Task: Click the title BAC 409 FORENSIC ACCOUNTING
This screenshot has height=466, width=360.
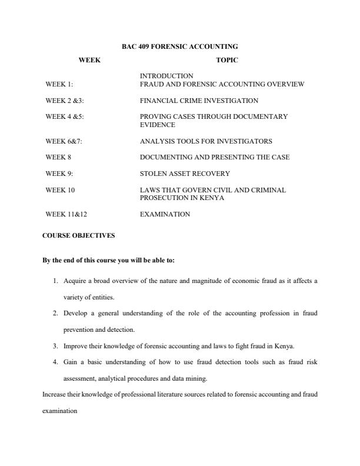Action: tap(179, 46)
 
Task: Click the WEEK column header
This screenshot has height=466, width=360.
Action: tap(89, 60)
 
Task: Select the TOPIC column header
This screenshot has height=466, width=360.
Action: tap(226, 60)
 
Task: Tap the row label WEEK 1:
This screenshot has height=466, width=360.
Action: tap(59, 85)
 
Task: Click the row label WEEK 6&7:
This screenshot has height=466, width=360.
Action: tap(64, 141)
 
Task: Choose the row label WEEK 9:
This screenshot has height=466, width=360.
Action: tap(59, 174)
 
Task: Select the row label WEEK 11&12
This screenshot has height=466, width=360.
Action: tap(66, 215)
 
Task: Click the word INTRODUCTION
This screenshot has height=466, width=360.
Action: tap(166, 76)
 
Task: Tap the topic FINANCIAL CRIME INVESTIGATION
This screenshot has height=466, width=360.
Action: tap(199, 101)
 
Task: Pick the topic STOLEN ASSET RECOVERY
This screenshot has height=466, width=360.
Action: tap(185, 174)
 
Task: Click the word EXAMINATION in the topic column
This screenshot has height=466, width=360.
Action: tap(165, 215)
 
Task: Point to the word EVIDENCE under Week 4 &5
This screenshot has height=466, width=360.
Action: tap(157, 125)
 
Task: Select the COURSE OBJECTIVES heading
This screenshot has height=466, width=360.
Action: tap(78, 235)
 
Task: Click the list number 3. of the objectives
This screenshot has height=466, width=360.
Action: tap(56, 346)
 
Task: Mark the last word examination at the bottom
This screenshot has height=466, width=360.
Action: tap(59, 412)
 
